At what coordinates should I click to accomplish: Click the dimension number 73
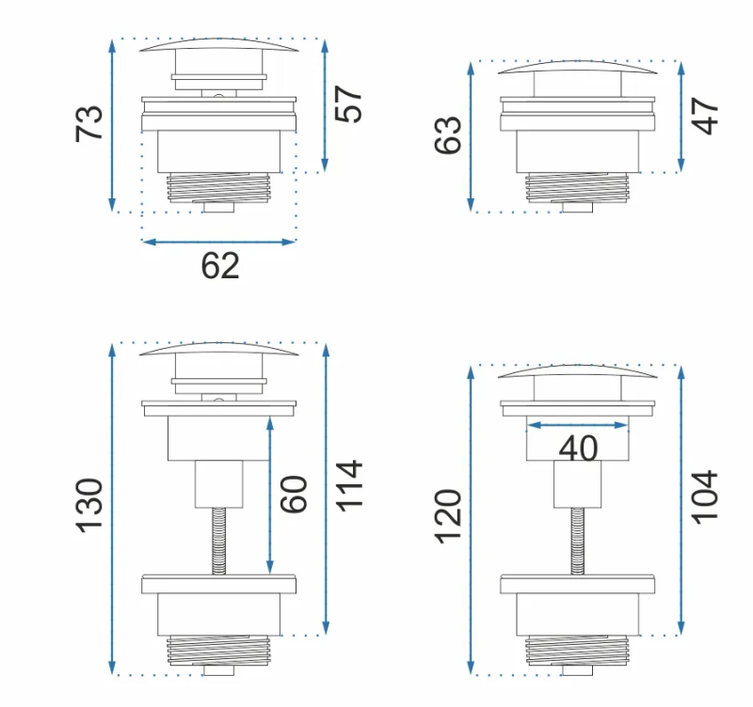click(89, 123)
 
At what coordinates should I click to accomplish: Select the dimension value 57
click(348, 104)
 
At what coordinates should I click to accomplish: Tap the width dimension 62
click(220, 266)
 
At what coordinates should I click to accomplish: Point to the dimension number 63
click(448, 135)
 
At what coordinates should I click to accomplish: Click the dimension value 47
click(704, 116)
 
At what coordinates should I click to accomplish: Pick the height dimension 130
click(89, 505)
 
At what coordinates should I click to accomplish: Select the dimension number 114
click(348, 486)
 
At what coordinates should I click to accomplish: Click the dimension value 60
click(293, 495)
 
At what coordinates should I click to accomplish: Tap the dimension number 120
click(448, 516)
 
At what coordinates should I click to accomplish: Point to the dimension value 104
click(704, 497)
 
